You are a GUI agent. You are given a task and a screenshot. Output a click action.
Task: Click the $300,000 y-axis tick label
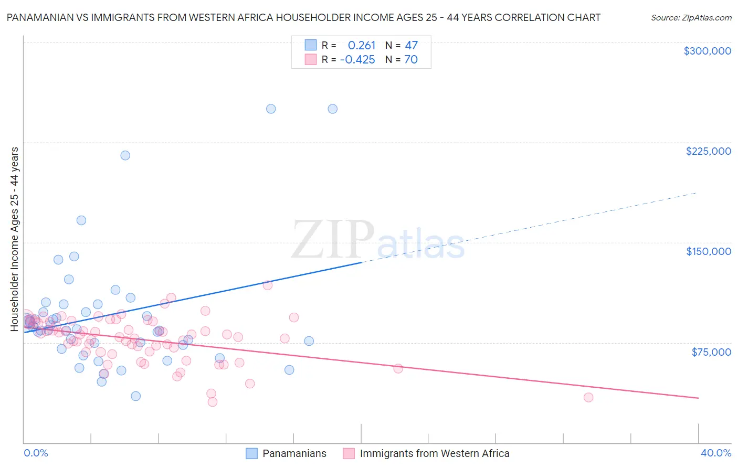coord(707,51)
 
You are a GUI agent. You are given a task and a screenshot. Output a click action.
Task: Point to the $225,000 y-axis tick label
coord(708,151)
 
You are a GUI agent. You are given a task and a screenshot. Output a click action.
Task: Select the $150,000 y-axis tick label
coord(708,251)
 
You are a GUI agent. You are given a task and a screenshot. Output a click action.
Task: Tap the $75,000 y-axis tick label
coord(711,352)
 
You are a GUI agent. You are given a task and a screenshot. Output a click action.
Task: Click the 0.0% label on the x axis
coord(36,453)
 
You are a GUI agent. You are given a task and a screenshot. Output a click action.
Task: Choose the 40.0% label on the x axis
coord(715,453)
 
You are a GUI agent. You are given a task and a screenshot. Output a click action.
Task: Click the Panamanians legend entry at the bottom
coord(294,453)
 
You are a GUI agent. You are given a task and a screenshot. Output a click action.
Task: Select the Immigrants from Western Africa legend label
coord(434,453)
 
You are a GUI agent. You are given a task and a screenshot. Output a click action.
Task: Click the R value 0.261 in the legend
coord(362,46)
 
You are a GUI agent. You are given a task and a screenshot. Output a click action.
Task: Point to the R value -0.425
coord(357,60)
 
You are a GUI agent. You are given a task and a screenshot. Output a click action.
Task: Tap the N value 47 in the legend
coord(411,46)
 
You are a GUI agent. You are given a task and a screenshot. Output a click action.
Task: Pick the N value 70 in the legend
coord(411,60)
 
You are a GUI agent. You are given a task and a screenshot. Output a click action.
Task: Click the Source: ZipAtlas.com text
coord(691,18)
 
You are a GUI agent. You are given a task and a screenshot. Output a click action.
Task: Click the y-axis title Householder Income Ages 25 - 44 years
coord(15,239)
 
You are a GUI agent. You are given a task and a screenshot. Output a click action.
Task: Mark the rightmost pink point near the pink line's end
coord(588,398)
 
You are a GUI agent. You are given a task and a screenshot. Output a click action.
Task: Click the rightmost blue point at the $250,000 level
coord(332,109)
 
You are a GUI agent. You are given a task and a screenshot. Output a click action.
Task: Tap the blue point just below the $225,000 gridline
coord(125,155)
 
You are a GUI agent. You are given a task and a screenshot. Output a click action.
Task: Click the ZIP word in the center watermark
coord(333,240)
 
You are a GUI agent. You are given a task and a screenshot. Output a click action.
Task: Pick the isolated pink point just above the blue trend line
coord(267,285)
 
